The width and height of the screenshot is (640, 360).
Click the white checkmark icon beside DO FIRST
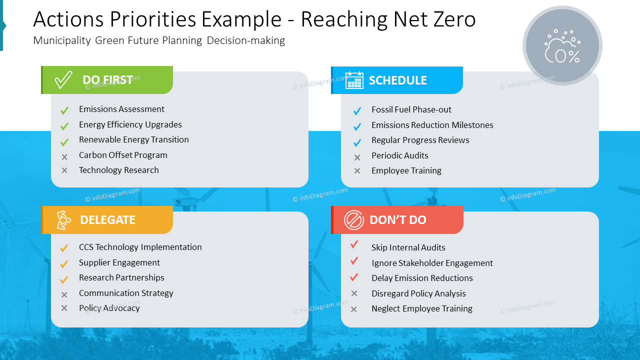click(63, 80)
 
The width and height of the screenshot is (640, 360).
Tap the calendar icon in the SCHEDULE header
click(354, 80)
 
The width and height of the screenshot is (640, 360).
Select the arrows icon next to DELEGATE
click(63, 220)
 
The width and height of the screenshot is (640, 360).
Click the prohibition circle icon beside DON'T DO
click(354, 220)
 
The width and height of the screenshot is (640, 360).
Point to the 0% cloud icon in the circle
click(562, 46)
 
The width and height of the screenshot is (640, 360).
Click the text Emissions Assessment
click(121, 109)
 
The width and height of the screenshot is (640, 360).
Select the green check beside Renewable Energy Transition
click(64, 142)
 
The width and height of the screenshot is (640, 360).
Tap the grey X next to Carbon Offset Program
click(64, 157)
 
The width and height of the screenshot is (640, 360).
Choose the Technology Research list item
click(118, 170)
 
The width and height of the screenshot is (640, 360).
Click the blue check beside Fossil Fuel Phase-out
click(357, 111)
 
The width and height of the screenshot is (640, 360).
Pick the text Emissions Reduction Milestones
click(432, 125)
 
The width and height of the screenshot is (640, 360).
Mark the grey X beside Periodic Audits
click(357, 157)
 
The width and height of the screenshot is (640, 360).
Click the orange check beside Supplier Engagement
click(64, 264)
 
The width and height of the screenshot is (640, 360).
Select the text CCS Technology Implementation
click(140, 247)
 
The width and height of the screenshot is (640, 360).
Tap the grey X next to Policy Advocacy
click(64, 308)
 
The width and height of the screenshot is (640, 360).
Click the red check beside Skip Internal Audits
click(354, 244)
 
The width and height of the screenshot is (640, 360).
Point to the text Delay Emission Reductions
click(422, 278)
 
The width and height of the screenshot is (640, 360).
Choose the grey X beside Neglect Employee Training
click(354, 309)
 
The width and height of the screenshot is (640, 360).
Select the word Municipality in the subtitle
click(62, 40)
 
